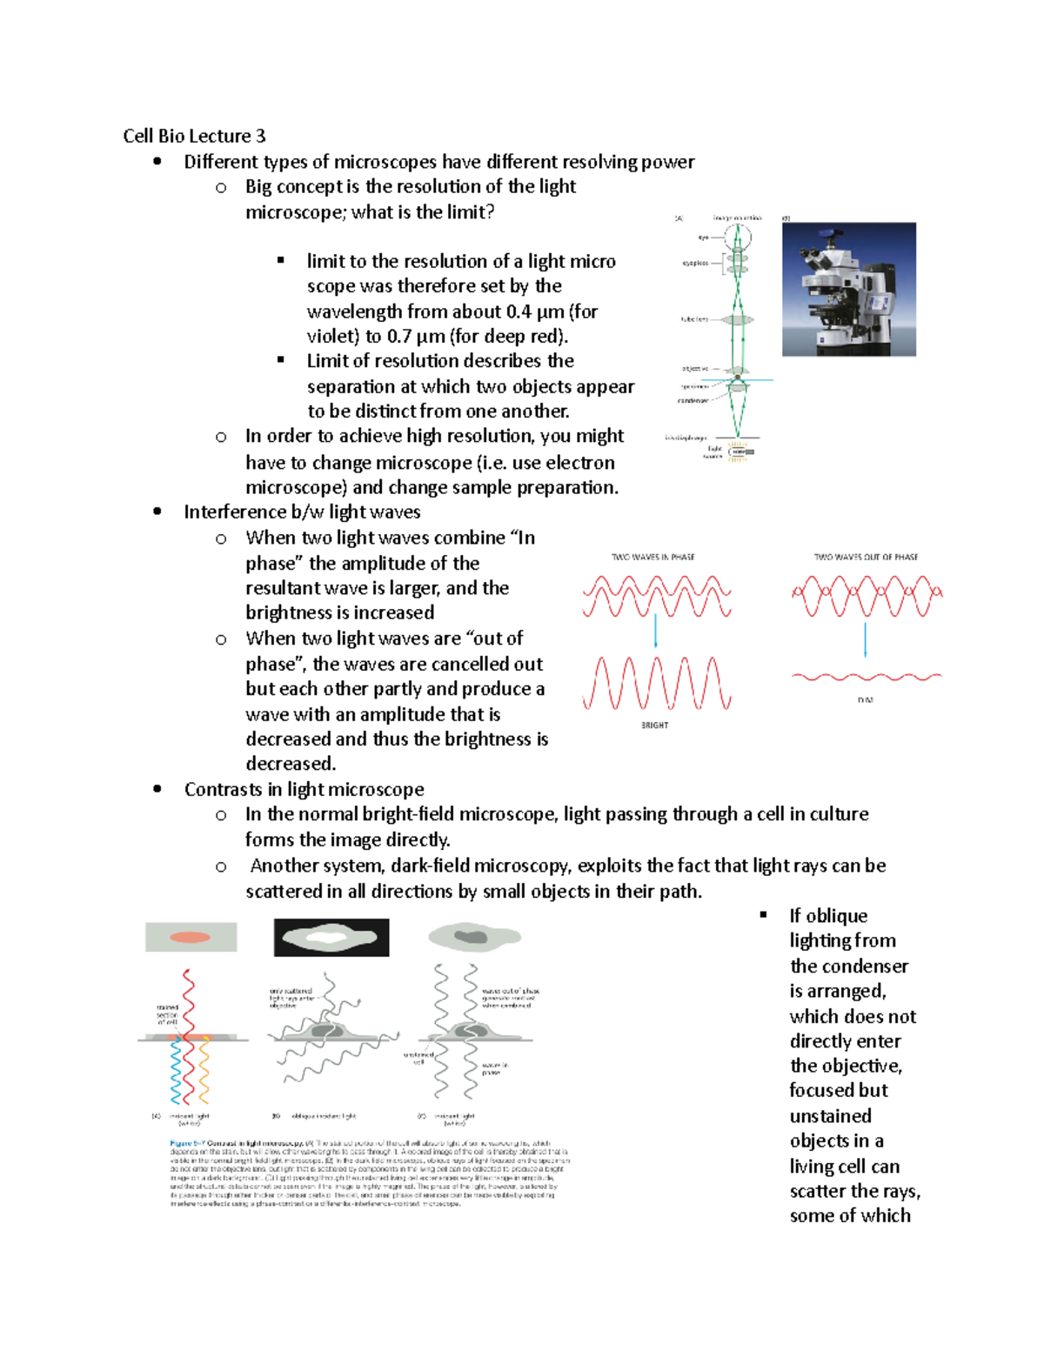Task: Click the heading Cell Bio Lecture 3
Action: click(194, 136)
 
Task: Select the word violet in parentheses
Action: click(330, 337)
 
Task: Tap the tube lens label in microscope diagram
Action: click(694, 320)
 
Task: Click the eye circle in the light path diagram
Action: click(738, 236)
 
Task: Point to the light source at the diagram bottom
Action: click(739, 451)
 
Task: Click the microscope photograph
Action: click(848, 289)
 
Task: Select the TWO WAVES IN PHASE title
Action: click(652, 557)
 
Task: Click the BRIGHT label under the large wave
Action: click(654, 725)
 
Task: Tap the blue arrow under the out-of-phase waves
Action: click(865, 640)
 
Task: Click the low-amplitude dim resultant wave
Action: click(867, 676)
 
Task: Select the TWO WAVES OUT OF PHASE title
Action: click(866, 557)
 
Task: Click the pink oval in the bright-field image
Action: click(190, 937)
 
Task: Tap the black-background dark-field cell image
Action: click(331, 937)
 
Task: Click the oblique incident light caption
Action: click(324, 1116)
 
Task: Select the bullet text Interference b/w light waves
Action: click(302, 512)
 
